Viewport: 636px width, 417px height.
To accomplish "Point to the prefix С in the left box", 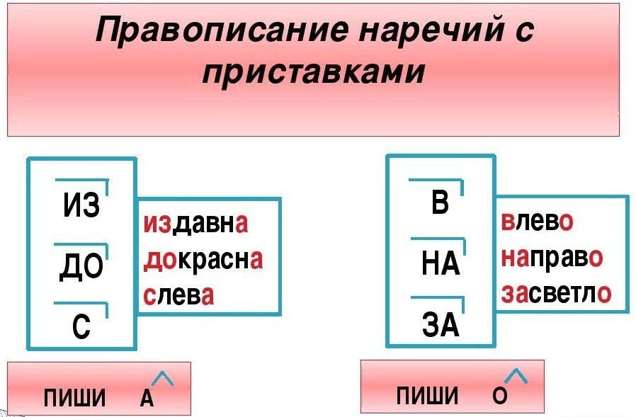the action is pos(81,329).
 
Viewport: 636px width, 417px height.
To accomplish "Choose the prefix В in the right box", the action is pos(440,205).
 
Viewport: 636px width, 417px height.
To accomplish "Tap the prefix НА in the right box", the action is pos(440,265).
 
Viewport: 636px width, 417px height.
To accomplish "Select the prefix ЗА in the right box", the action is pos(440,326).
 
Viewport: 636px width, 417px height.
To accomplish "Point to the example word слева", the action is pos(178,295).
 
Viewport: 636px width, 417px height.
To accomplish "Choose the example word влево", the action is pos(537,222).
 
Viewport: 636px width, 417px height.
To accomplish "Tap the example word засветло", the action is pos(555,293).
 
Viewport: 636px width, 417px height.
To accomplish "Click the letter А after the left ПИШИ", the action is pos(146,399).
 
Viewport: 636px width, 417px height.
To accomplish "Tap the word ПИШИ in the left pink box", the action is pos(74,399).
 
